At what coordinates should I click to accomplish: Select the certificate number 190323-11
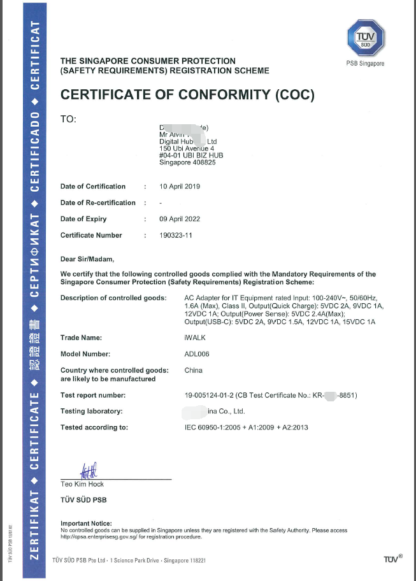tap(176, 235)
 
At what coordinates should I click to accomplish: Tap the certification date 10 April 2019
tap(180, 187)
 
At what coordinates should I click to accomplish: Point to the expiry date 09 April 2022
tap(180, 219)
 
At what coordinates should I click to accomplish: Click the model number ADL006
tap(196, 354)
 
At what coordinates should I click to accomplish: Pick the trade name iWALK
tap(194, 338)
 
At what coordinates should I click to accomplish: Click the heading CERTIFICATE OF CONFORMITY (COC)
tap(187, 96)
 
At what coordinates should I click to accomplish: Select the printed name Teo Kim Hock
tap(81, 484)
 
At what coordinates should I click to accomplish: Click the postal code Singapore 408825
tap(187, 162)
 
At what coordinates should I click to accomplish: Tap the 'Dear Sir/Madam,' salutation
tap(87, 259)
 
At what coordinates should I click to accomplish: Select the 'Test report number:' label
tap(93, 395)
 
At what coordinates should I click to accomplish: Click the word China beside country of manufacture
tap(193, 370)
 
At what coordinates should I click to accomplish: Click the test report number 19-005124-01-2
tap(215, 395)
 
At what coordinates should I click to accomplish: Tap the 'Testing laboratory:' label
tap(91, 411)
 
